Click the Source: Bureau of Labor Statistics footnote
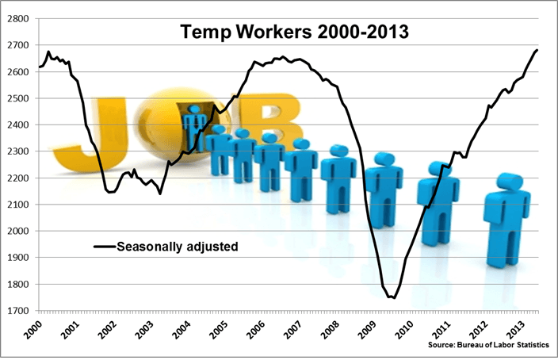coord(483,347)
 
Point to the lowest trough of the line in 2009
coord(392,297)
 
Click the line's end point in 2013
coord(537,50)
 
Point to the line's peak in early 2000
coord(48,52)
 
